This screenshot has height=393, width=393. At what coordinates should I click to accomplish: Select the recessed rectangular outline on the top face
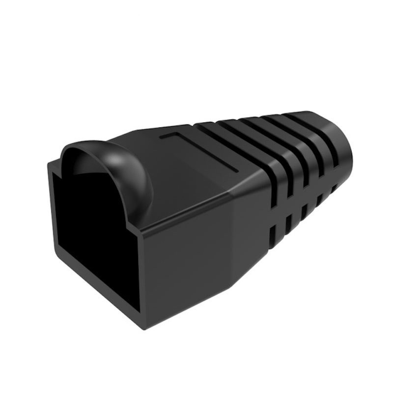[201, 150]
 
